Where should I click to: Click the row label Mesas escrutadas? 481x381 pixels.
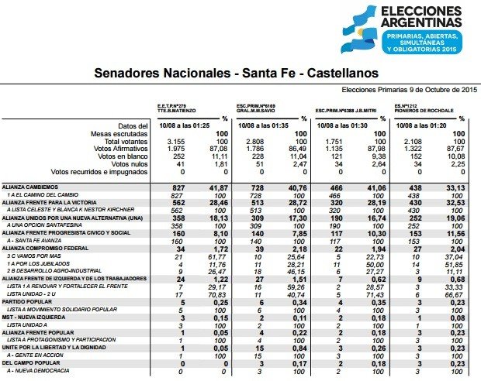pos(121,135)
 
